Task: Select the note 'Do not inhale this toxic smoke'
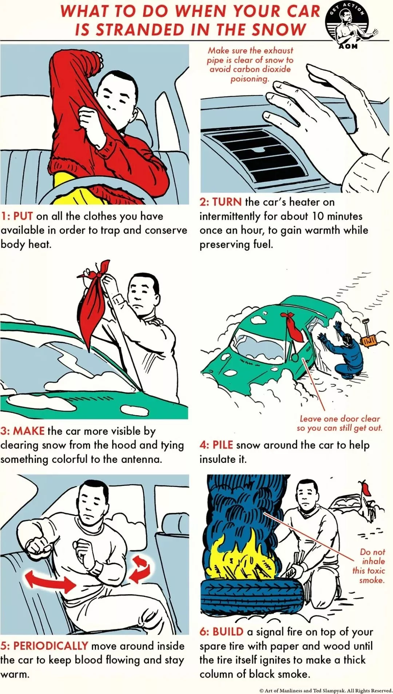pos(369,566)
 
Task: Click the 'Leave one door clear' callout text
pos(340,423)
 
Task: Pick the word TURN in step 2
pos(227,202)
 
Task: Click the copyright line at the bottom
pos(326,690)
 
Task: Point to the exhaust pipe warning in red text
pos(250,64)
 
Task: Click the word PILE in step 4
pos(222,445)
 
